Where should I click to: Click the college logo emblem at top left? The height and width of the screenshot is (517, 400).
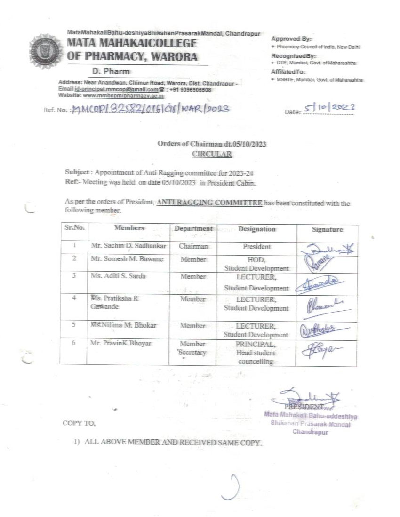click(x=45, y=51)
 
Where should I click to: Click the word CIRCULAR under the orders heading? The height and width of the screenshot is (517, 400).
click(x=212, y=153)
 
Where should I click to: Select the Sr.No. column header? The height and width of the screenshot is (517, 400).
click(x=73, y=228)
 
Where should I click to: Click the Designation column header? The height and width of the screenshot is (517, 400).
click(x=256, y=229)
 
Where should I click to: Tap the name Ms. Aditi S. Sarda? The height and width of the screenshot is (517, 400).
click(x=118, y=276)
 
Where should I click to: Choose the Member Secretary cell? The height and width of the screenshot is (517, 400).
click(x=192, y=348)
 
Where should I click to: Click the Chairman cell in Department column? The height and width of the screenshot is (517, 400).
click(x=193, y=246)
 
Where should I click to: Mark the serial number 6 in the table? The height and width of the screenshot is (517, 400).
click(x=74, y=344)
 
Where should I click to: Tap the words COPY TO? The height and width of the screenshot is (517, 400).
click(x=79, y=423)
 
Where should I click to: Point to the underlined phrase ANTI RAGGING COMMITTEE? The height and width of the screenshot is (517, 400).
click(x=209, y=203)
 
